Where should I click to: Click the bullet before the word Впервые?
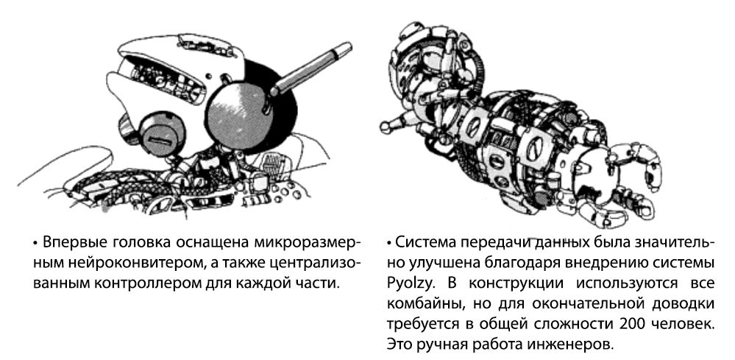(x=35, y=244)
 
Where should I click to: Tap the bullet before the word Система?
(x=389, y=244)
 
